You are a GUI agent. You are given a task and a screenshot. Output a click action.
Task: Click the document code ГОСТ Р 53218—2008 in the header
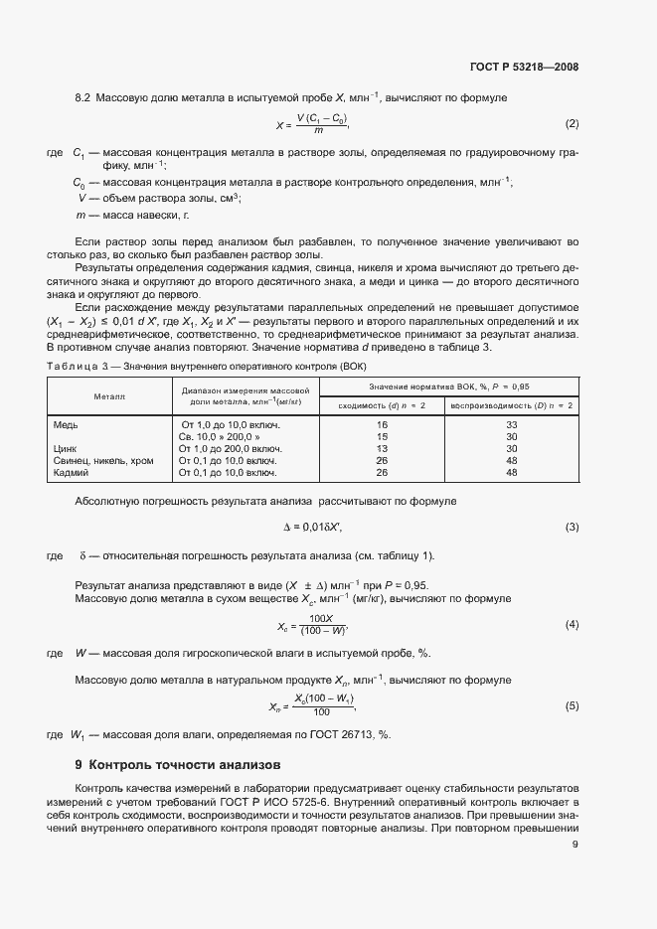pos(523,68)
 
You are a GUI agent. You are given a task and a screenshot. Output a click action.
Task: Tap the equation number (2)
pos(572,124)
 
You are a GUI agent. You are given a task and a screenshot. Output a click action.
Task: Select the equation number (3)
pos(572,527)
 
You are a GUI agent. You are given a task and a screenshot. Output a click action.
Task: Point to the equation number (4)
pos(572,624)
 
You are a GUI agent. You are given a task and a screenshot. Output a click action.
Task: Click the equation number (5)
pos(572,705)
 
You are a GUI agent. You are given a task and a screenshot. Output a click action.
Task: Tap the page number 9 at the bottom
pos(575,845)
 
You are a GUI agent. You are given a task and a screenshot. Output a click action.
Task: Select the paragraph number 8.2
pos(83,97)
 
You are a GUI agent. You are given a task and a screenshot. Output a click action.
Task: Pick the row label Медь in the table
pos(66,424)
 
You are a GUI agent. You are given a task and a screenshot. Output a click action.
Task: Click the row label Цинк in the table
pos(66,448)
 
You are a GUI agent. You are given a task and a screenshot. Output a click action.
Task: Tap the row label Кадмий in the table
pos(71,472)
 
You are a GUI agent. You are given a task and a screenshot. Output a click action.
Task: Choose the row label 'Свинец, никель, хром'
pos(102,460)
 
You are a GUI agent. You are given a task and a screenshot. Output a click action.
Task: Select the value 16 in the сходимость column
pos(382,424)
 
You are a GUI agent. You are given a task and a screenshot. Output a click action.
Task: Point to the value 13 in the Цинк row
pos(382,448)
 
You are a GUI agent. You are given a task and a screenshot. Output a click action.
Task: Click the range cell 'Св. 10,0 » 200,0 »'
pos(220,436)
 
